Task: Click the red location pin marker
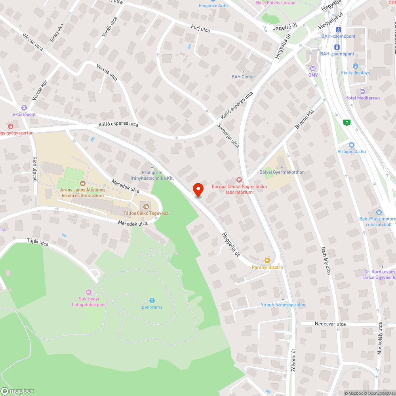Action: [198, 189]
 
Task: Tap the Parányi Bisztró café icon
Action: [267, 260]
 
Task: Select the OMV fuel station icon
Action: [313, 68]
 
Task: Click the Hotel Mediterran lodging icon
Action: [362, 91]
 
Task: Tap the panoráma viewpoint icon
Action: [152, 300]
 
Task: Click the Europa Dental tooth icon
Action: [239, 180]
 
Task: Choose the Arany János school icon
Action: [82, 183]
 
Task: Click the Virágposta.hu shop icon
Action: [352, 145]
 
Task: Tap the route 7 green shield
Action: [347, 122]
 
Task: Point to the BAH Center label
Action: [244, 76]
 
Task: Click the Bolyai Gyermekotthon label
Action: [282, 172]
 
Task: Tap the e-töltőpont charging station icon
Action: [24, 108]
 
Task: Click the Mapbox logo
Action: [17, 390]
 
